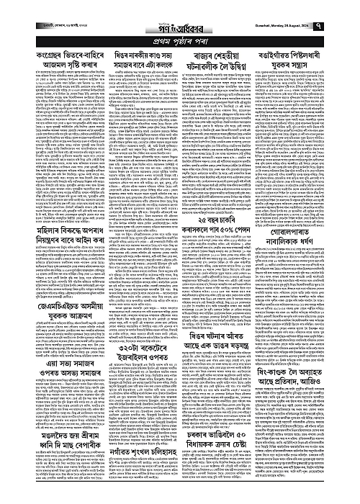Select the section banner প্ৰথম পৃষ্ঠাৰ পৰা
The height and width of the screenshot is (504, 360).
point(179,30)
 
